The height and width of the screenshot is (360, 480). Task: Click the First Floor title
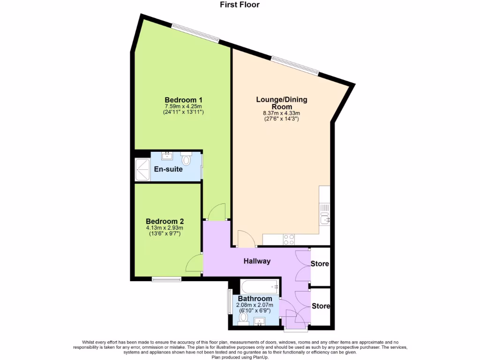click(240, 5)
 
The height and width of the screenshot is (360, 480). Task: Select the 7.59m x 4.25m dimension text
click(183, 106)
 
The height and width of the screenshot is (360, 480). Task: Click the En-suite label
click(168, 169)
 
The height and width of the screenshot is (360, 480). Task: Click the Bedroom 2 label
click(165, 221)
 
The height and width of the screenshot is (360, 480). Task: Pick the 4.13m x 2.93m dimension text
click(165, 228)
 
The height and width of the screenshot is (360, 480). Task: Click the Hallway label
click(257, 261)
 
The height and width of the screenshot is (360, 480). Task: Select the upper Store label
click(321, 264)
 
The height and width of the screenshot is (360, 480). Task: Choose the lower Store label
click(321, 306)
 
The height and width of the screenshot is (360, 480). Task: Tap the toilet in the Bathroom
click(243, 318)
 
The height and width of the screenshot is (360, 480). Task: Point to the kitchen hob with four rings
click(289, 239)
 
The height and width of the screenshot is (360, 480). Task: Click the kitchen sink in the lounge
click(324, 218)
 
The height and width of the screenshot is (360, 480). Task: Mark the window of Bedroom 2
click(166, 279)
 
